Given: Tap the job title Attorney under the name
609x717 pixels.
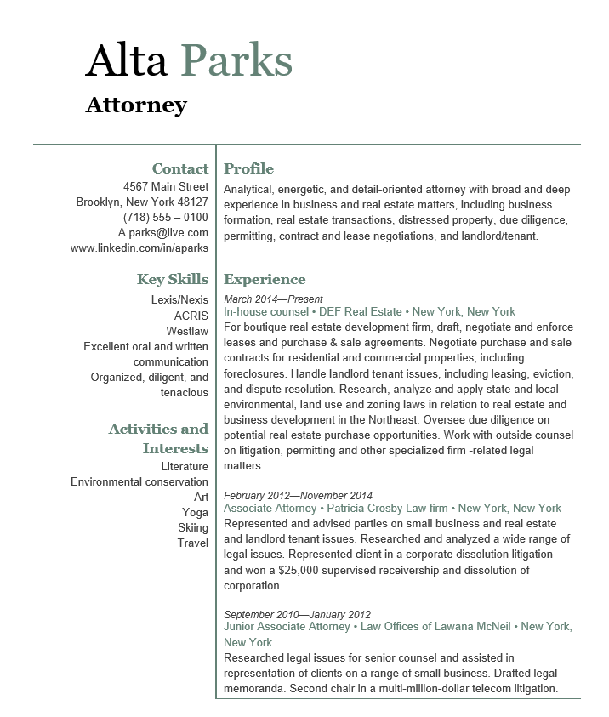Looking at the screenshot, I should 136,105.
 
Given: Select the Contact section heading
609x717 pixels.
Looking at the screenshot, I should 179,168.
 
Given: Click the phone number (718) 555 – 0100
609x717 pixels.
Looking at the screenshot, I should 166,217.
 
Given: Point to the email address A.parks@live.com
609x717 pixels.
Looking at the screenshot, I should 163,232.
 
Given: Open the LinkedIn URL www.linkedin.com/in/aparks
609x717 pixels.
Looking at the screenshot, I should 139,248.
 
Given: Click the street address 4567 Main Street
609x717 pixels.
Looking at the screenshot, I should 166,186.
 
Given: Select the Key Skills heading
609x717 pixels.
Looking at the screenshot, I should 172,279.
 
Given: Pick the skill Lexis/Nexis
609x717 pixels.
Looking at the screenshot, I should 179,300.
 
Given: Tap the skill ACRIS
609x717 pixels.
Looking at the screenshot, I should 191,316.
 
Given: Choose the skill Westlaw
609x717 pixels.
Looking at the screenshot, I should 187,331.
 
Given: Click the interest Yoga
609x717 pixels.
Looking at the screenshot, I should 195,512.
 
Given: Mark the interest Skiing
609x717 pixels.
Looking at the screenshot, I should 193,527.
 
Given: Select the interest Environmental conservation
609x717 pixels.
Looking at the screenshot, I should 139,481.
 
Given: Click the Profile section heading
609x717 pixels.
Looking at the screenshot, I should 248,168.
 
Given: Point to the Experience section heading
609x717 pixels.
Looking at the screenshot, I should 265,279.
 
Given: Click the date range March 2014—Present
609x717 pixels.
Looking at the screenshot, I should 273,299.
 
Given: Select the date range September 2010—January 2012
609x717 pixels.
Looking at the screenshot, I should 297,614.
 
